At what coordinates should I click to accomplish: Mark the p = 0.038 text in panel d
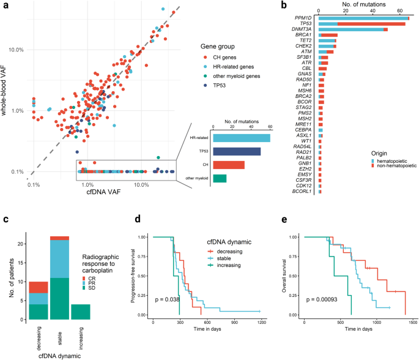[x=168, y=301]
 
